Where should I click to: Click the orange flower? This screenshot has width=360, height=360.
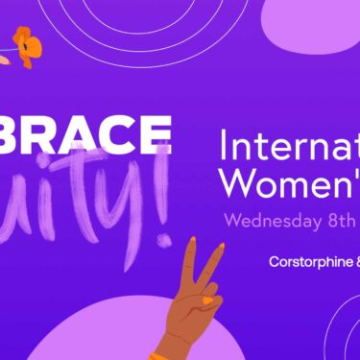pyautogui.click(x=27, y=46)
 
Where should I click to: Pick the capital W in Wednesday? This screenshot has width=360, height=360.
pyautogui.click(x=233, y=219)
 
